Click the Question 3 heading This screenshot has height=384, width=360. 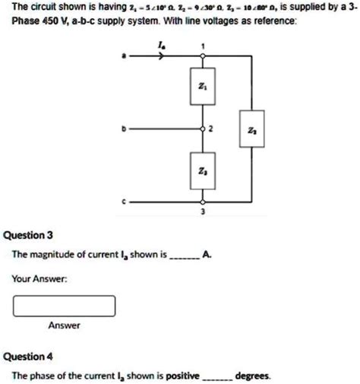tap(28, 235)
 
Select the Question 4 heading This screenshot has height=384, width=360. tap(28, 356)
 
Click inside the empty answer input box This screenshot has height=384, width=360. tap(64, 305)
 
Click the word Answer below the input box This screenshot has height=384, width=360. tap(65, 325)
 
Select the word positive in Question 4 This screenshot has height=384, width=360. tap(181, 376)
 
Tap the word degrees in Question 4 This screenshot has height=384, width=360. tap(253, 376)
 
